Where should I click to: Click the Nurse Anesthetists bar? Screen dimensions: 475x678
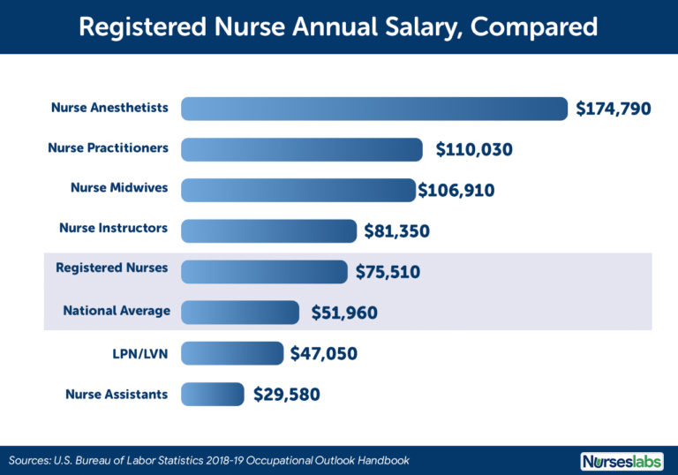coord(374,109)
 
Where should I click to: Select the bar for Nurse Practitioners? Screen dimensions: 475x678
coord(303,149)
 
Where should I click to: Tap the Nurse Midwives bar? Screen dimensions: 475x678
coord(298,190)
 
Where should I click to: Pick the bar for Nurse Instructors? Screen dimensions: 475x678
coord(269,230)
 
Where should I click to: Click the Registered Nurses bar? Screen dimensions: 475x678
coord(265,271)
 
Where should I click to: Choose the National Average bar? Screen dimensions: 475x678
coord(240,312)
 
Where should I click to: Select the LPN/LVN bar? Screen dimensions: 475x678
coord(232,353)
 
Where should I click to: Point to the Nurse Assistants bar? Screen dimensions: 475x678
coord(213,394)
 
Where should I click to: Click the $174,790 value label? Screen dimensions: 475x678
coord(614,109)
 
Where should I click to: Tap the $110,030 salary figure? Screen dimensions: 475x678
coord(474,150)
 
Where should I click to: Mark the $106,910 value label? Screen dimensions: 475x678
coord(456,191)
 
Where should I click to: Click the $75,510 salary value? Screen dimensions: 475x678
coord(388,272)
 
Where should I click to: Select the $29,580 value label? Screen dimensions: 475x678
coord(287,395)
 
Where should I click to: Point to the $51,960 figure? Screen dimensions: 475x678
coord(343,313)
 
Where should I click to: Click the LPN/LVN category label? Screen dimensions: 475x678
coord(143,353)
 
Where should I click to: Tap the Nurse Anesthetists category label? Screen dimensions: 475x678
coord(109,108)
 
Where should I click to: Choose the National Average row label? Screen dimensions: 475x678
coord(116,311)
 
